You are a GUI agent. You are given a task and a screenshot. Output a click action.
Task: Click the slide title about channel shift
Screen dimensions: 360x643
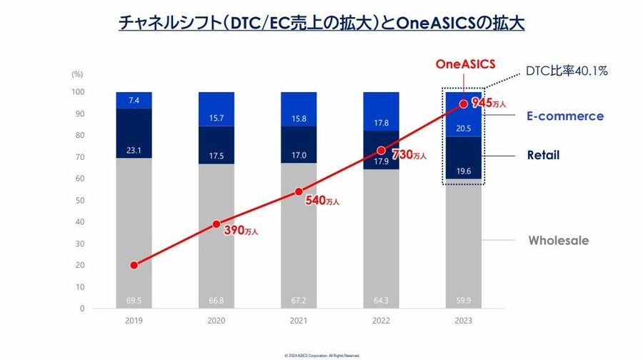pyautogui.click(x=321, y=23)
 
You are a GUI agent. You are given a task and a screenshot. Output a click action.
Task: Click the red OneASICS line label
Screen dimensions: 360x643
pyautogui.click(x=465, y=64)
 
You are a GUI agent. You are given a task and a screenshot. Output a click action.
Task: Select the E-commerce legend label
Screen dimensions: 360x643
pyautogui.click(x=565, y=116)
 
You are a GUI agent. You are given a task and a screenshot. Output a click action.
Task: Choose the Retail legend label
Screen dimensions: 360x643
pyautogui.click(x=543, y=155)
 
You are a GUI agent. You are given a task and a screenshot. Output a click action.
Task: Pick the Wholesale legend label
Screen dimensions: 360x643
pyautogui.click(x=559, y=240)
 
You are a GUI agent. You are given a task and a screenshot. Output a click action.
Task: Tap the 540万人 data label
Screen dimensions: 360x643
pyautogui.click(x=322, y=201)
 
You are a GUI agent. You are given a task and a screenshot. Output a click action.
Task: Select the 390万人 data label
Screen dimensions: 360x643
pyautogui.click(x=239, y=230)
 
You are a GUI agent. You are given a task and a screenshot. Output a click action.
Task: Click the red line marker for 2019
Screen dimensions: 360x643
pyautogui.click(x=134, y=265)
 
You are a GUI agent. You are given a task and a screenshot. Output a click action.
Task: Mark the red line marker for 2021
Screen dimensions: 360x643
pyautogui.click(x=299, y=191)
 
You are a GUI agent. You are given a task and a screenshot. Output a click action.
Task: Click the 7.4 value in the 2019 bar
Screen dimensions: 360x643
pyautogui.click(x=134, y=101)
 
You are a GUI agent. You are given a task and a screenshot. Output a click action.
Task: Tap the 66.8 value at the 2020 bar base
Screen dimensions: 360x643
pyautogui.click(x=216, y=301)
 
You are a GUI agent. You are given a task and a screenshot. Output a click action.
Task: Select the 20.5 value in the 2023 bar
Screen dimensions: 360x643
pyautogui.click(x=464, y=129)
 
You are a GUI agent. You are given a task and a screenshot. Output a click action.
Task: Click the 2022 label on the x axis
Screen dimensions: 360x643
pyautogui.click(x=381, y=321)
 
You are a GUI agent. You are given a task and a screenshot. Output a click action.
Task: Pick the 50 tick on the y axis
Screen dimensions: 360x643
pyautogui.click(x=80, y=200)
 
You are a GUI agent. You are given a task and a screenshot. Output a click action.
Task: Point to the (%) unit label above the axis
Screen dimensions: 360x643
pyautogui.click(x=77, y=74)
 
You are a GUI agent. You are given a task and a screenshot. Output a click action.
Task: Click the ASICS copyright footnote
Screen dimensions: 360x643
pyautogui.click(x=321, y=355)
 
